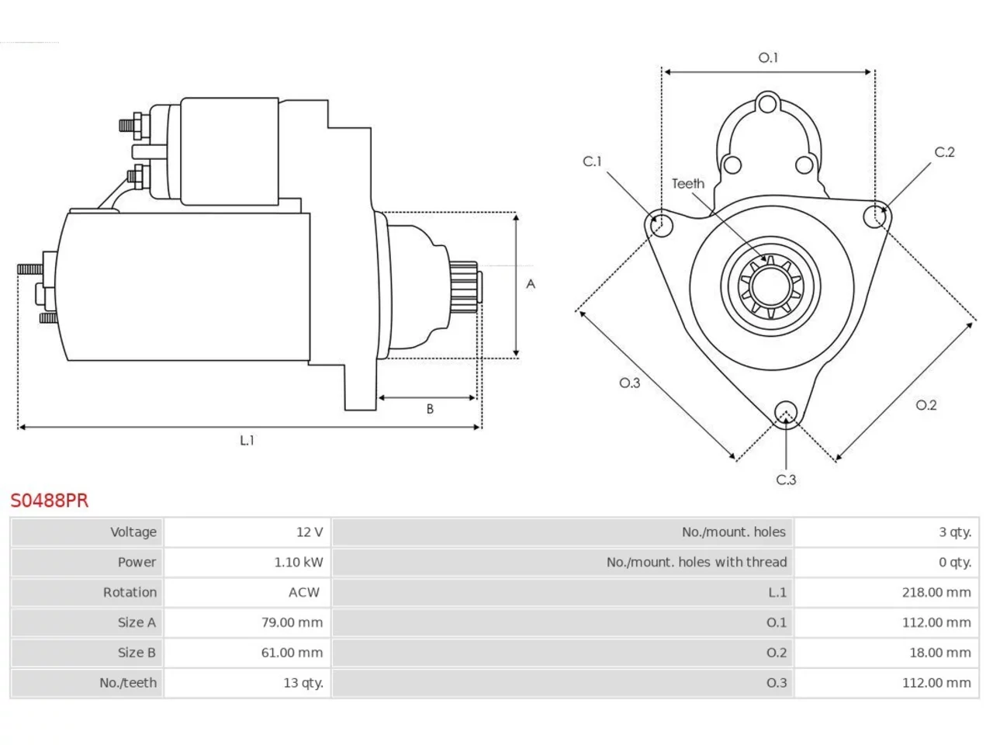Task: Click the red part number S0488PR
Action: click(50, 501)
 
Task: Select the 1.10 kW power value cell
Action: click(299, 562)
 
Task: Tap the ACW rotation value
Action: click(304, 592)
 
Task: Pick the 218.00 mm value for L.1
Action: click(936, 592)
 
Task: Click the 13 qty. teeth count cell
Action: click(303, 683)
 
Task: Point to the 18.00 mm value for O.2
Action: click(940, 653)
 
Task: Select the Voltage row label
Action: click(133, 532)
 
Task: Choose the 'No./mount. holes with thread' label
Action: click(697, 562)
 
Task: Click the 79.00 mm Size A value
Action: click(292, 622)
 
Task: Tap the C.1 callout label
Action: click(592, 161)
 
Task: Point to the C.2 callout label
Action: click(945, 152)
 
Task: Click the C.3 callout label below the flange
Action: click(787, 480)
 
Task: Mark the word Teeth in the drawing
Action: click(688, 184)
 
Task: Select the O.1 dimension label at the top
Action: click(768, 58)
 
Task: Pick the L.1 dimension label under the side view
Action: click(247, 440)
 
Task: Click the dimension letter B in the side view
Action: click(431, 409)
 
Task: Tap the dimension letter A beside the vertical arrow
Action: click(531, 284)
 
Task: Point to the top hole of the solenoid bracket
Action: click(767, 103)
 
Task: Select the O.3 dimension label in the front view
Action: click(630, 383)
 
